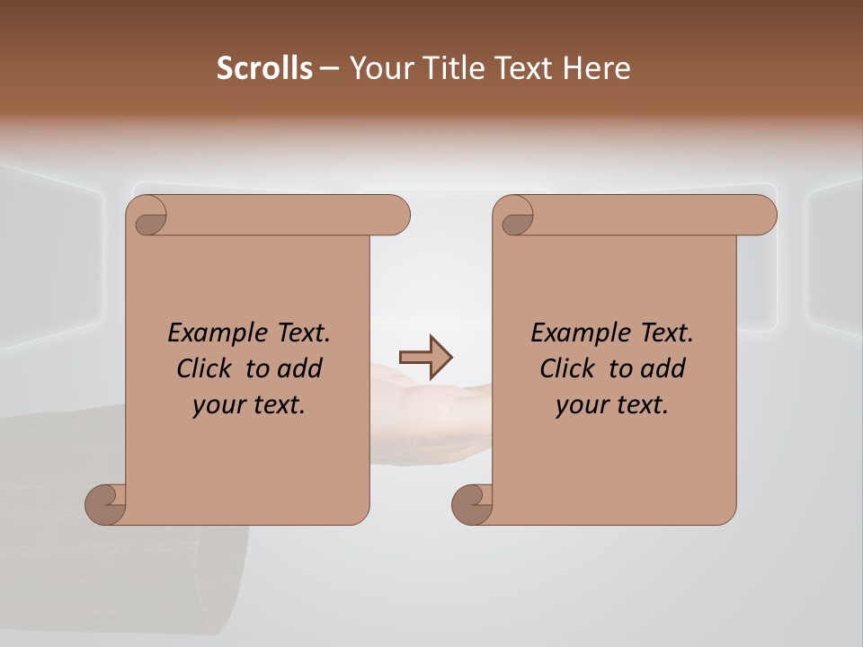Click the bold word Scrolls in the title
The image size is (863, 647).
tap(264, 68)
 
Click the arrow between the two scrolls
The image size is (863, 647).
tap(426, 358)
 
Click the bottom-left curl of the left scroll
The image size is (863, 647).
tap(105, 503)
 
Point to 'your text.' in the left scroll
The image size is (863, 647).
tap(249, 405)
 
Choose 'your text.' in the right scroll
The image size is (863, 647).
tap(612, 405)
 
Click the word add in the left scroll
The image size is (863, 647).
tap(299, 369)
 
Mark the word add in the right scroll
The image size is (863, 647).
tap(663, 369)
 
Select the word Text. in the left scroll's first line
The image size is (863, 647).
tap(297, 333)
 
